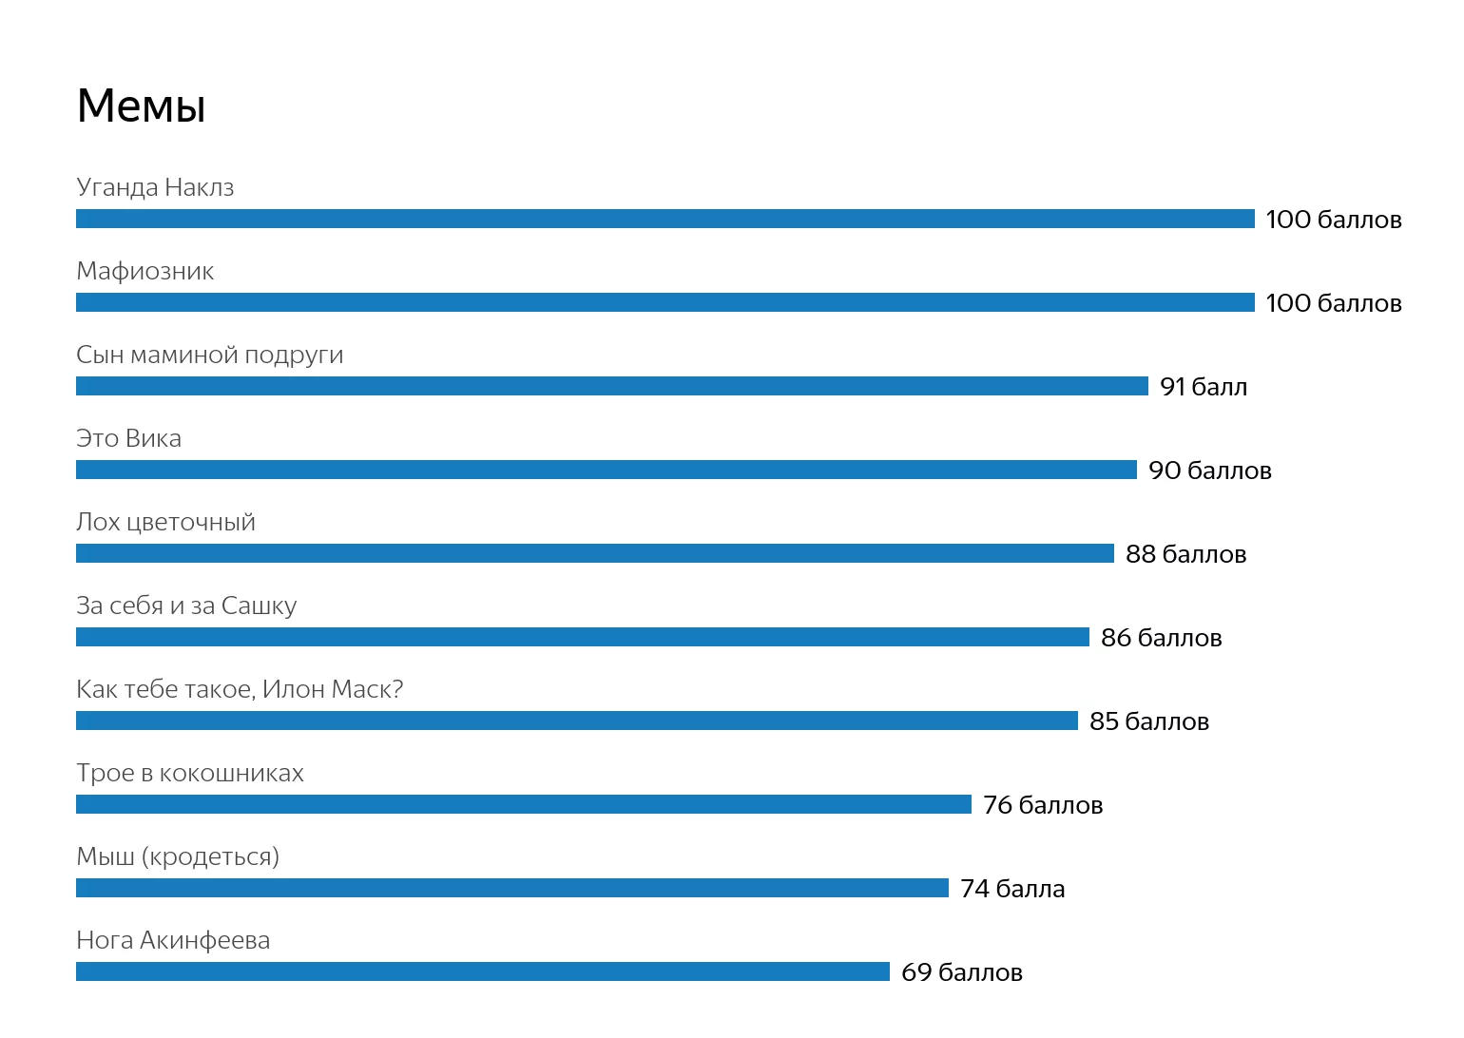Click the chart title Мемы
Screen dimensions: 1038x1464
point(141,106)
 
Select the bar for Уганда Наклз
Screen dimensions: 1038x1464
point(665,219)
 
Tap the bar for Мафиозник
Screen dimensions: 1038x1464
point(665,302)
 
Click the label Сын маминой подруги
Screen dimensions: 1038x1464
point(210,356)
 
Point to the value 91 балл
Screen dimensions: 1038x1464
point(1204,387)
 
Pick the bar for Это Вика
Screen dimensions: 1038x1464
point(607,470)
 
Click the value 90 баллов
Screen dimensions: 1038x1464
point(1209,471)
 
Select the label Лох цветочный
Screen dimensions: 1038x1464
point(165,523)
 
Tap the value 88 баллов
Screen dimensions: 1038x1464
point(1185,554)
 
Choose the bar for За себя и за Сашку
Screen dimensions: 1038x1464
point(583,637)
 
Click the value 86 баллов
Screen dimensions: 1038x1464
point(1161,638)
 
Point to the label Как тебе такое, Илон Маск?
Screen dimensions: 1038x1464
point(240,689)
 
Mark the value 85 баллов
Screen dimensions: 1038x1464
point(1148,721)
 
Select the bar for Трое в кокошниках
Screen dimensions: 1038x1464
point(524,804)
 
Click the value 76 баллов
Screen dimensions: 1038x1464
point(1043,805)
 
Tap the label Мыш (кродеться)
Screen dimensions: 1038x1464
point(178,857)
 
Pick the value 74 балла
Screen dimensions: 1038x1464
point(1012,889)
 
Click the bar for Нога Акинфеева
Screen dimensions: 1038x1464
point(483,971)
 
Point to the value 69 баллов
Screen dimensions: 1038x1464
point(961,972)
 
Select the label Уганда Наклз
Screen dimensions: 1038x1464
point(155,187)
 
